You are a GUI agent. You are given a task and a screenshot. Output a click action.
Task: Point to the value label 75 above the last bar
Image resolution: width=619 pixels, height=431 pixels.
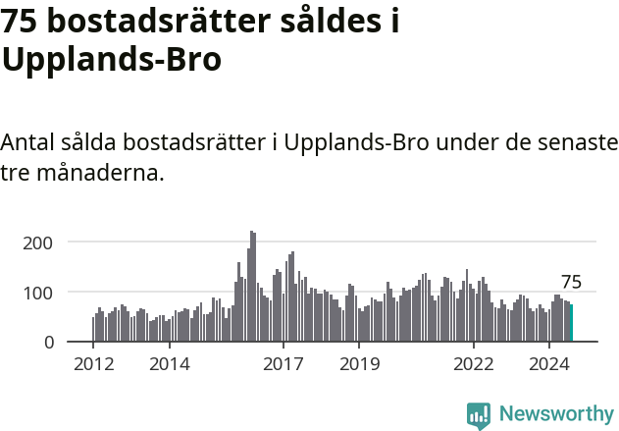click(571, 283)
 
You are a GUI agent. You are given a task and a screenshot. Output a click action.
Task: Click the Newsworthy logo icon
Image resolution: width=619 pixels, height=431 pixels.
click(479, 414)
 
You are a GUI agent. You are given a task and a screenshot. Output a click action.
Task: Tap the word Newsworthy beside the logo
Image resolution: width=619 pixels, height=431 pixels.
click(556, 414)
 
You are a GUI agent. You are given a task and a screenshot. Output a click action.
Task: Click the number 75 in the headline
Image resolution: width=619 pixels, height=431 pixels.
click(23, 22)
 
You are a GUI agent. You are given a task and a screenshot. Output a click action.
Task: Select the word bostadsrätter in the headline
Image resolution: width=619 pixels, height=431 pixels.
click(174, 22)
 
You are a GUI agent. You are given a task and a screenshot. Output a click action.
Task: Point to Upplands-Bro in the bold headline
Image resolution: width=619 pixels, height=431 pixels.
click(111, 59)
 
